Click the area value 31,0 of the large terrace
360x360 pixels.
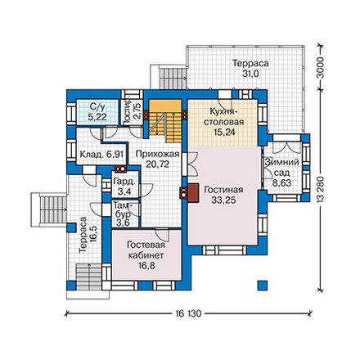[250, 74]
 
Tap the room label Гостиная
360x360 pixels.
[223, 190]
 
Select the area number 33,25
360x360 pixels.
[223, 200]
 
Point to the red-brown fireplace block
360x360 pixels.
[193, 193]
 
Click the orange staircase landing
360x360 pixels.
[165, 106]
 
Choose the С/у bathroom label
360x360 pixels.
[97, 106]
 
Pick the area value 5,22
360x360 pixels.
[97, 117]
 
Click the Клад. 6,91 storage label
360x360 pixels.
[101, 155]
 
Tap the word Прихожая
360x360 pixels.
[157, 154]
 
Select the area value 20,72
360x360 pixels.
[157, 164]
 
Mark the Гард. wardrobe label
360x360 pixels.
[124, 182]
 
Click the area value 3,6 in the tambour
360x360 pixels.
[124, 223]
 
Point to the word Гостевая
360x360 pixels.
[146, 245]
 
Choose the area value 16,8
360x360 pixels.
[146, 266]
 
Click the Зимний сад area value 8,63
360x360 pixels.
[282, 182]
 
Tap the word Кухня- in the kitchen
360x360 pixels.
[223, 111]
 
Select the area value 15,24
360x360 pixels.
[223, 133]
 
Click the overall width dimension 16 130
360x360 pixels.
[188, 313]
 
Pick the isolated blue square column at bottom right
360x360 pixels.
[263, 286]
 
